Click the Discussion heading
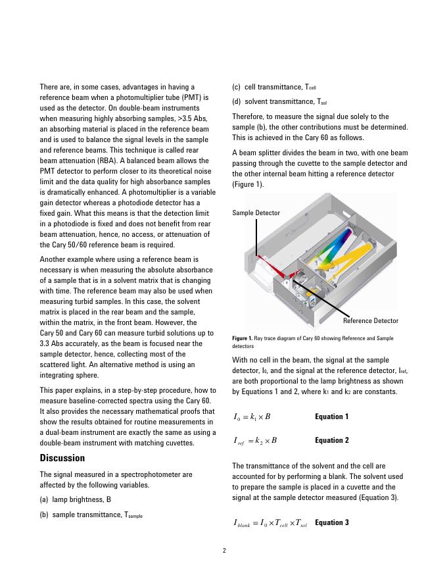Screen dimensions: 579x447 pyautogui.click(x=62, y=457)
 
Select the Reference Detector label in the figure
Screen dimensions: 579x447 pyautogui.click(x=371, y=321)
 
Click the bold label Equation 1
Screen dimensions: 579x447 pyautogui.click(x=332, y=416)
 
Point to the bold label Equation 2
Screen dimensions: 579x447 pyautogui.click(x=332, y=440)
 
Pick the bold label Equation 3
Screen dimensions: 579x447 pyautogui.click(x=332, y=522)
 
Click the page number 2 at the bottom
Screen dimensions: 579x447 pyautogui.click(x=223, y=551)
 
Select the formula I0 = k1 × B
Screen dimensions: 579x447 pyautogui.click(x=252, y=417)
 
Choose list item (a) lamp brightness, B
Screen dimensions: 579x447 pyautogui.click(x=76, y=499)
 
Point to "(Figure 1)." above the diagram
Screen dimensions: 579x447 pyautogui.click(x=248, y=184)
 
